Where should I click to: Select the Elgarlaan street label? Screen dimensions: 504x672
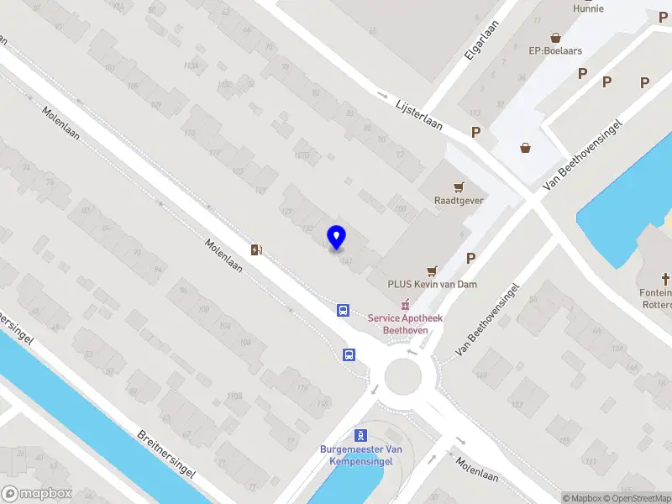(476, 41)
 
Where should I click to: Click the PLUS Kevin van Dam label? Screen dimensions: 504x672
(433, 284)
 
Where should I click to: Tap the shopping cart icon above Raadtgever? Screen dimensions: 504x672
(459, 186)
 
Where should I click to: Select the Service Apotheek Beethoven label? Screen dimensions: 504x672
(406, 324)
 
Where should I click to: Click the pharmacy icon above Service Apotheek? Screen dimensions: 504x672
(405, 303)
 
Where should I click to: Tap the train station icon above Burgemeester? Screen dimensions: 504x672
(361, 435)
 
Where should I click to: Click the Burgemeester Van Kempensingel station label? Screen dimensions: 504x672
(361, 455)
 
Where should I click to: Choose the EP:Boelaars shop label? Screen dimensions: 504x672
(555, 50)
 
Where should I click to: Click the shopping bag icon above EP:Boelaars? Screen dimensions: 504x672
(555, 37)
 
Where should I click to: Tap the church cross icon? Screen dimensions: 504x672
(666, 278)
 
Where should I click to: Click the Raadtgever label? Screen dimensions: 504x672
(458, 201)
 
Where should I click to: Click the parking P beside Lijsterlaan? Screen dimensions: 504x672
(476, 132)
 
